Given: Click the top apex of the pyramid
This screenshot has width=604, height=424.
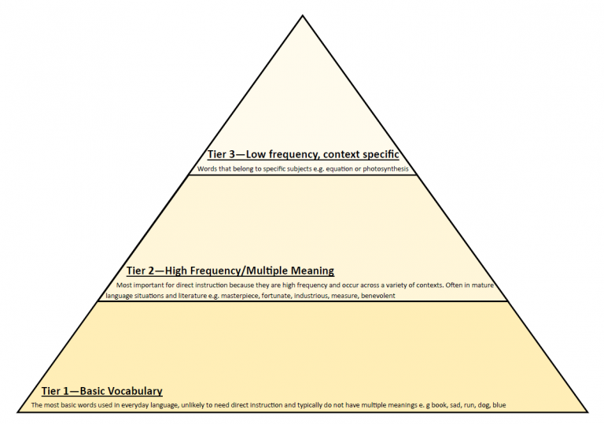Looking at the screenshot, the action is [x=303, y=16].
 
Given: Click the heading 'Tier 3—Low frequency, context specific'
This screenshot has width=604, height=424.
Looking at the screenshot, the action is [x=303, y=154].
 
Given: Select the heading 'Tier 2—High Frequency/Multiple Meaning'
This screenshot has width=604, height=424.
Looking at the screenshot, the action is [x=230, y=271].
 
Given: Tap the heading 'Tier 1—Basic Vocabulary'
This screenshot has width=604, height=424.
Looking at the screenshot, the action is [x=102, y=391].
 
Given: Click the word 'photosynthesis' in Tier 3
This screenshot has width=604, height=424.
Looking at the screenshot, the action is [x=385, y=169].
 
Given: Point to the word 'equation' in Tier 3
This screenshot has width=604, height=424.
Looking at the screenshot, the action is [x=340, y=169].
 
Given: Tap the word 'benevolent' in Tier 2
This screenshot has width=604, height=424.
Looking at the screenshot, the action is [x=378, y=296].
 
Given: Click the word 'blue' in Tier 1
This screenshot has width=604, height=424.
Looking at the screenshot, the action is [x=499, y=405].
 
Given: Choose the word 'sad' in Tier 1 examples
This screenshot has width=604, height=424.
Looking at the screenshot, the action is [x=455, y=405].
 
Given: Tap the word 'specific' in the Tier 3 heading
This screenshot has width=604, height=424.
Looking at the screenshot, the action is [x=381, y=154].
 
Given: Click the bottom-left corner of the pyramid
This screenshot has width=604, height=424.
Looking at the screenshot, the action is [x=18, y=412].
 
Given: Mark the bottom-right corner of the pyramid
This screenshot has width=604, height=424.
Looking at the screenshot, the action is [x=587, y=412].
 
